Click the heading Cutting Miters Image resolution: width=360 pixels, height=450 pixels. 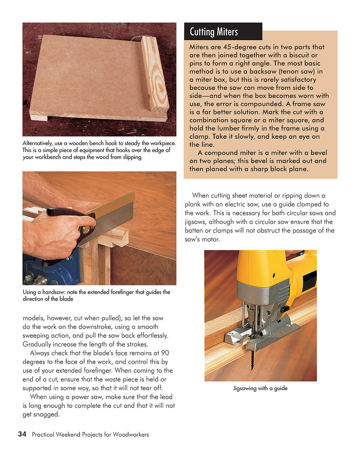213,32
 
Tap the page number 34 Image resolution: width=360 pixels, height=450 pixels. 22,434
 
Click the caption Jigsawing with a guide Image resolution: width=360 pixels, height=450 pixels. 260,388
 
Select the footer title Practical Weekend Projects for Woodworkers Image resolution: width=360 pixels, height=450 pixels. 90,435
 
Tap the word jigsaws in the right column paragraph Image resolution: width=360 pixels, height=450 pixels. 195,222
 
